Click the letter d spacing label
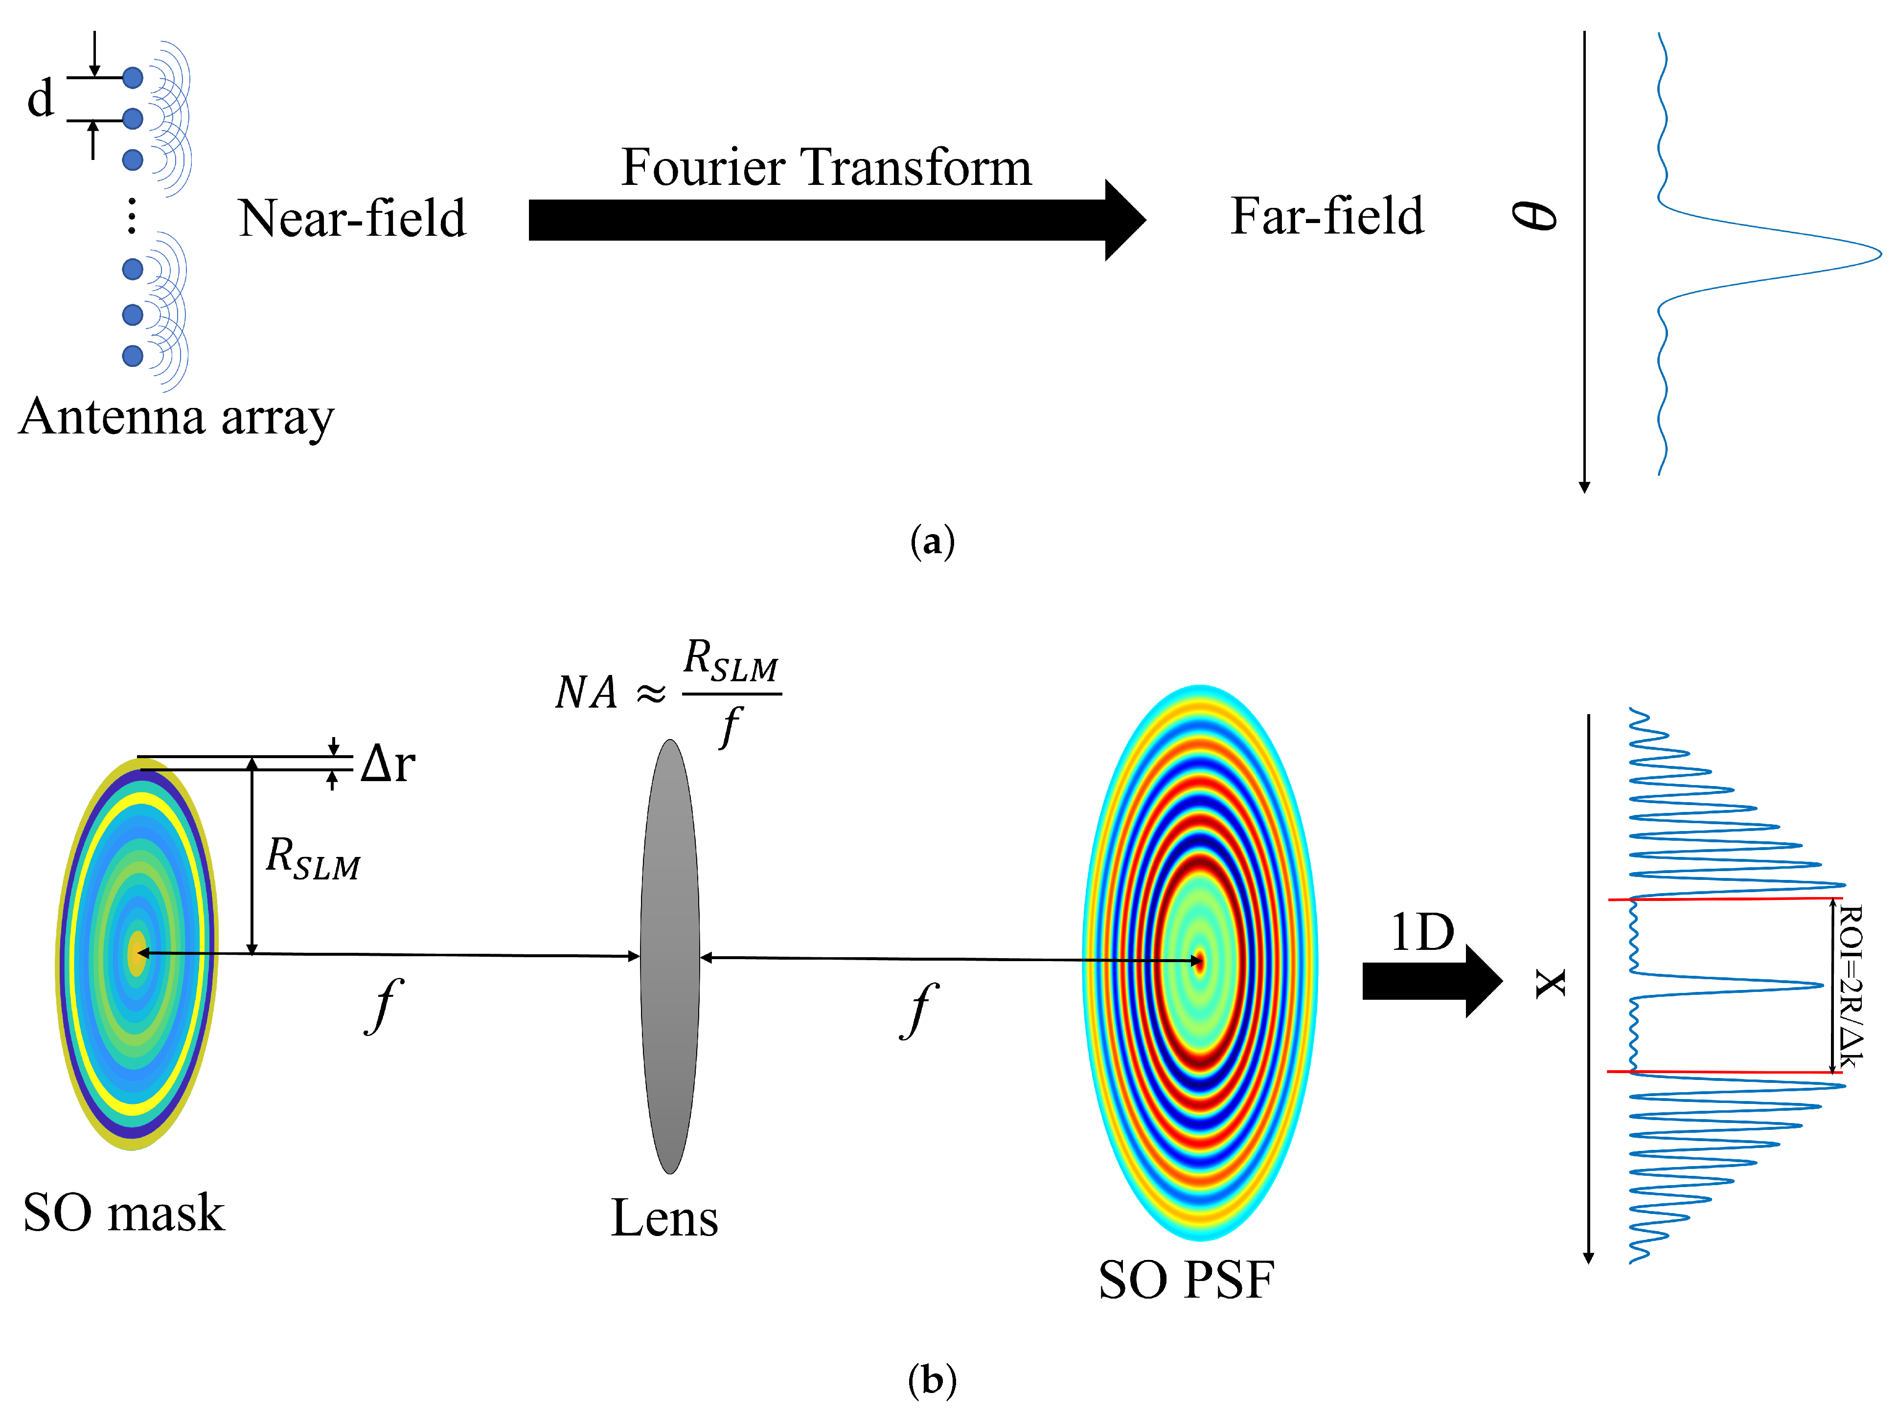point(40,99)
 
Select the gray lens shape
point(669,956)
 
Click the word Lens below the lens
point(664,1218)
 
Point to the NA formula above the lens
point(668,693)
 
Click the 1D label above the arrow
point(1422,933)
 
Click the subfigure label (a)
point(932,542)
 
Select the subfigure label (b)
point(932,1380)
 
